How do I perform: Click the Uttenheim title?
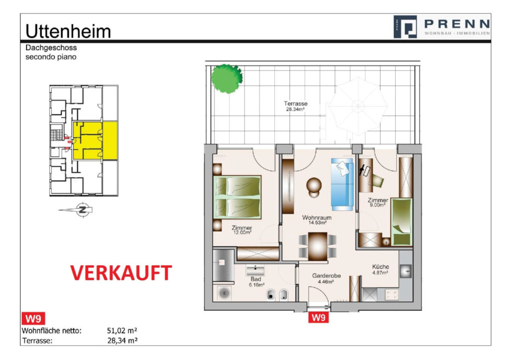pyautogui.click(x=68, y=31)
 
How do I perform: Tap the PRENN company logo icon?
pyautogui.click(x=405, y=26)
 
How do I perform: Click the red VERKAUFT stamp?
pyautogui.click(x=121, y=272)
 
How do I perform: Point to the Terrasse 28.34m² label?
pyautogui.click(x=295, y=106)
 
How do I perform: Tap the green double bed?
pyautogui.click(x=238, y=197)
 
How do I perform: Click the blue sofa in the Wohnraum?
pyautogui.click(x=342, y=182)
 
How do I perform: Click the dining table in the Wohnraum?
pyautogui.click(x=318, y=245)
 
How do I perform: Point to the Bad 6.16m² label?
pyautogui.click(x=255, y=282)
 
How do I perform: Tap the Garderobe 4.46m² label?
pyautogui.click(x=322, y=278)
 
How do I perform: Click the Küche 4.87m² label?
pyautogui.click(x=380, y=270)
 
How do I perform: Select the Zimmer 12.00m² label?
pyautogui.click(x=242, y=231)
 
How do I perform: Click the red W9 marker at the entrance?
pyautogui.click(x=318, y=317)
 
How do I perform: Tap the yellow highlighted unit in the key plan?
pyautogui.click(x=95, y=140)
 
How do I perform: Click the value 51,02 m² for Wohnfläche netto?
pyautogui.click(x=122, y=331)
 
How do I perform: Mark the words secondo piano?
pyautogui.click(x=51, y=57)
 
